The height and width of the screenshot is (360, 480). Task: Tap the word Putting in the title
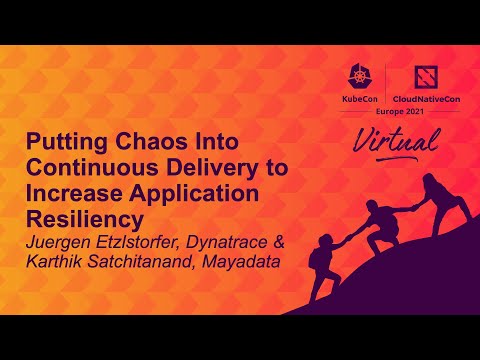62,143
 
